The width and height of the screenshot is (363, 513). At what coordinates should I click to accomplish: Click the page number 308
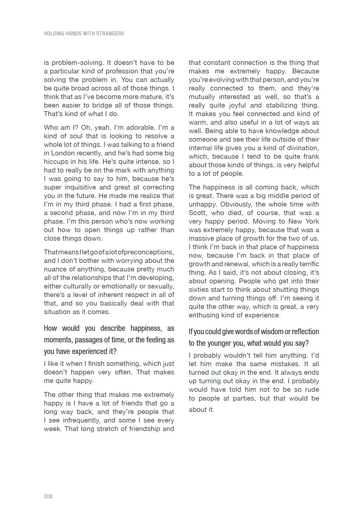(48, 496)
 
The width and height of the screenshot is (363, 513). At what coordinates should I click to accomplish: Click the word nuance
(55, 269)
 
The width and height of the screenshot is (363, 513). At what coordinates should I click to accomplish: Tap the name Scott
(197, 213)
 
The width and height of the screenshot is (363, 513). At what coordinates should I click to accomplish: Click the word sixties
(199, 290)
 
